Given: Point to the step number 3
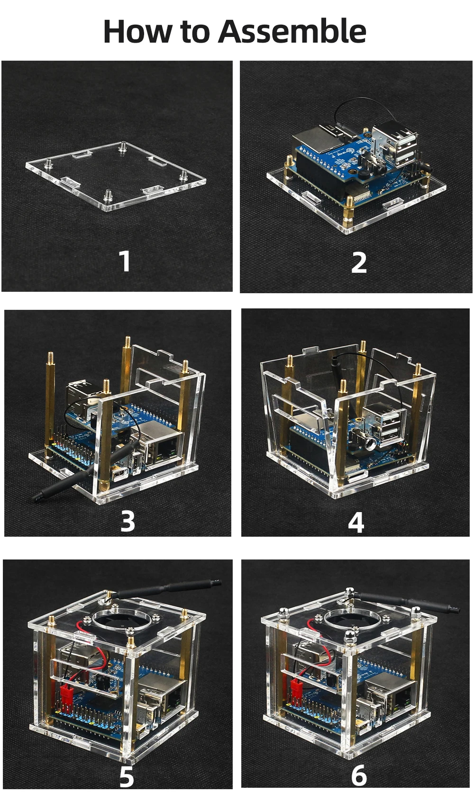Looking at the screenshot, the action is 128,521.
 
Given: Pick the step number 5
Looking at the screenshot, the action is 127,776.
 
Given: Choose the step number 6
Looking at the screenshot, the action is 359,775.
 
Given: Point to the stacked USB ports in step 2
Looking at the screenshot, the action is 394,144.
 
